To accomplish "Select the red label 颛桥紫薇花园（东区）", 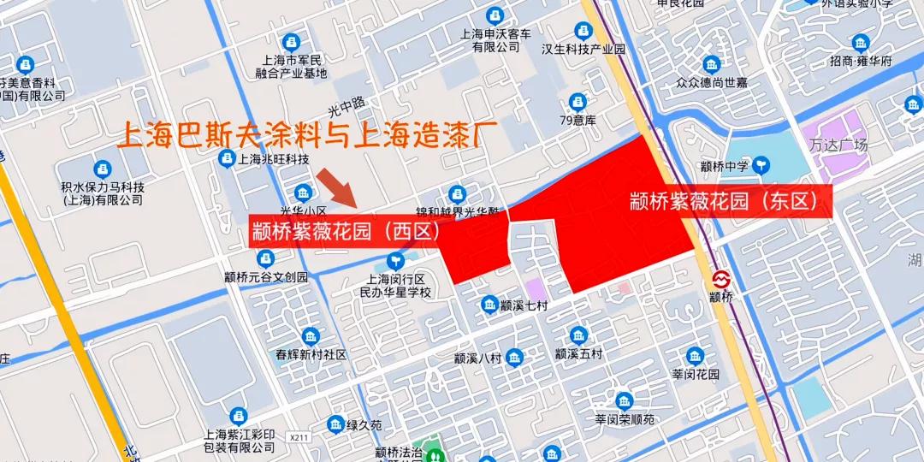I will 730,201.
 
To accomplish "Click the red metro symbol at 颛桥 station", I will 720,279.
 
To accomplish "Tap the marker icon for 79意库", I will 578,101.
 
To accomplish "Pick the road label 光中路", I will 346,106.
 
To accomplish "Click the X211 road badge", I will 299,437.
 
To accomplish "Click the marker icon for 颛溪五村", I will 578,335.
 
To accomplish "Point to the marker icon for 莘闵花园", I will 695,356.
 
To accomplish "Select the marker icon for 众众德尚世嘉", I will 711,64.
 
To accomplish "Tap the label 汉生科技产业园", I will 583,49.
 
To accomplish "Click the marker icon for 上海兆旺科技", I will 226,158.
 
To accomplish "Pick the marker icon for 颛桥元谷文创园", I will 266,258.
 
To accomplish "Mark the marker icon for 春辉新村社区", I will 310,335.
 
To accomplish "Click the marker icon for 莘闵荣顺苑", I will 625,400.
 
